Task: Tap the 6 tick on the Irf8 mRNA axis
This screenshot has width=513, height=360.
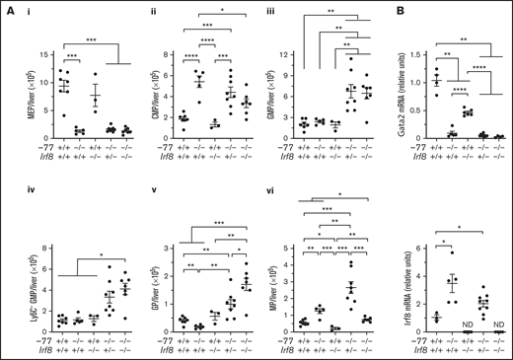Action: pos(407,236)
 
